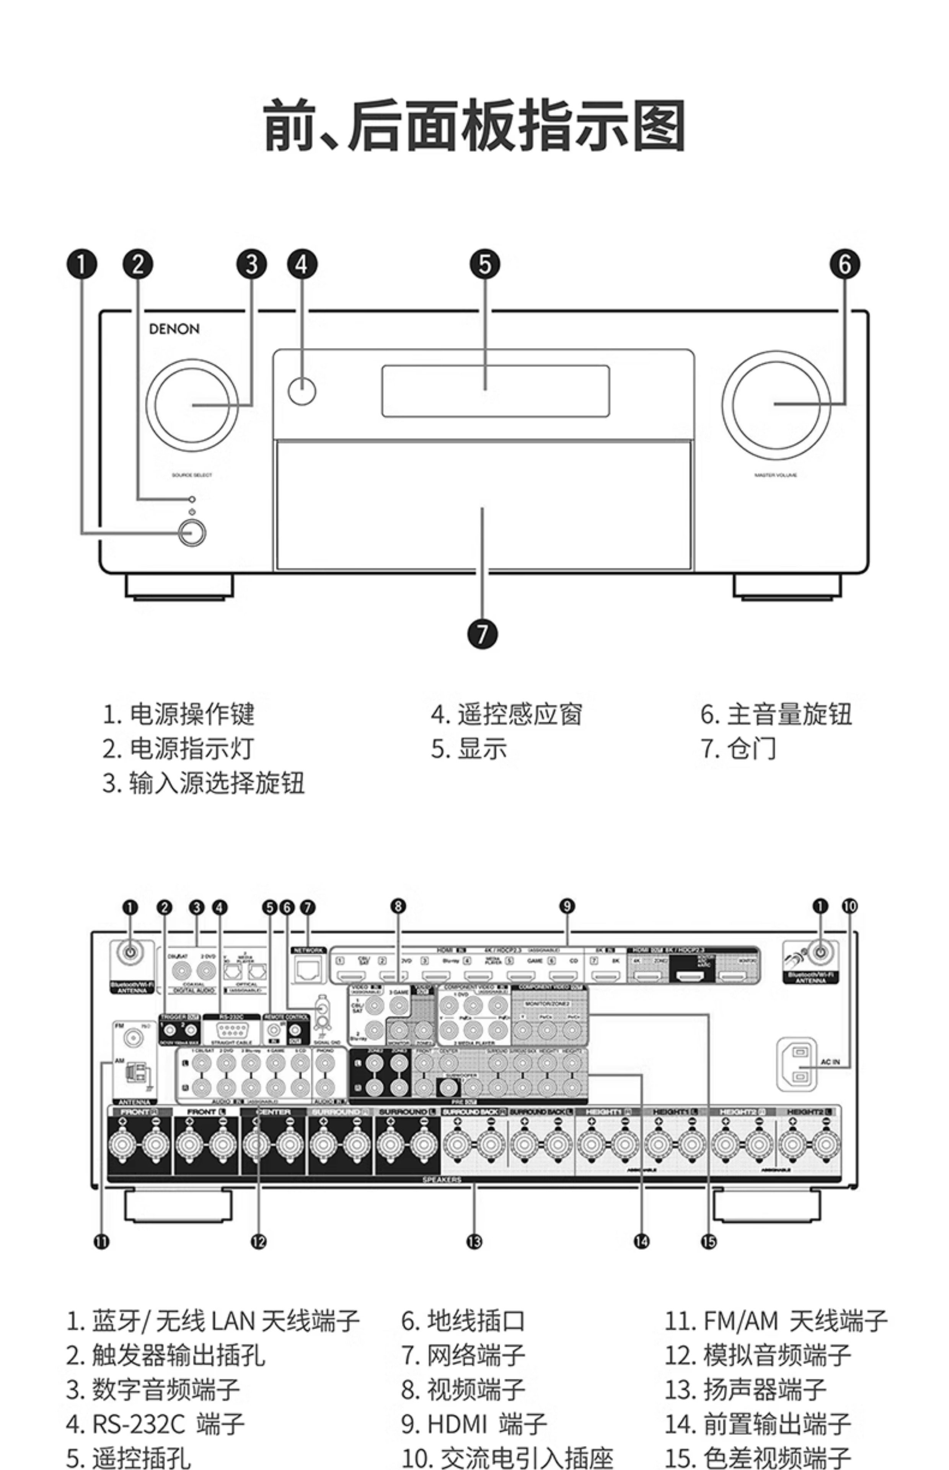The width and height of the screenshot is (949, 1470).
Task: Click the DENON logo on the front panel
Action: pos(174,329)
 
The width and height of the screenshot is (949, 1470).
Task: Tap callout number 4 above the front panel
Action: pos(302,265)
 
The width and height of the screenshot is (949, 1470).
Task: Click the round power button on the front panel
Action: pos(192,532)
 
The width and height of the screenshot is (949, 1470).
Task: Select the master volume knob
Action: pos(776,404)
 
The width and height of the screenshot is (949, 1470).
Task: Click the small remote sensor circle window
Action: pos(302,391)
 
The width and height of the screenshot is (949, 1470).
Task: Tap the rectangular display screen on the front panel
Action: pos(496,391)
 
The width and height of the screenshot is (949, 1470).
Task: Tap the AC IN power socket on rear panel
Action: pos(799,1063)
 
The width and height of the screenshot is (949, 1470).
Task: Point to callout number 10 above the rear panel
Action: pos(850,906)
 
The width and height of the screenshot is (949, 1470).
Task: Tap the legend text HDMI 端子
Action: pos(486,1424)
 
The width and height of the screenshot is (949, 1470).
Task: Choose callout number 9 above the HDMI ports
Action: pos(567,906)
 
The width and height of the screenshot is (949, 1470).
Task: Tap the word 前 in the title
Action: pos(290,126)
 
